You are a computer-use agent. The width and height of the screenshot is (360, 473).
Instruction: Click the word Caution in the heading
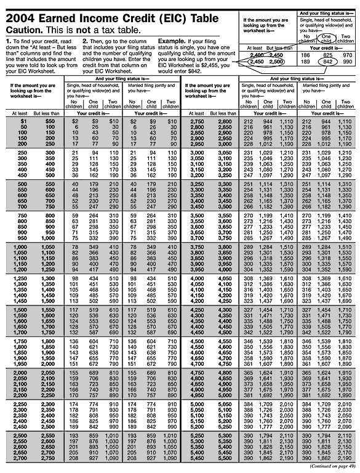tap(24, 30)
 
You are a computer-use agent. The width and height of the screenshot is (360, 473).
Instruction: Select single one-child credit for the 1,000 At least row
tap(94, 246)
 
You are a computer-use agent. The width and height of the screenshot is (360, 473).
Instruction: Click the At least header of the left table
tap(19, 114)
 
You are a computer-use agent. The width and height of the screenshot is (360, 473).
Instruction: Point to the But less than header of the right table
tap(224, 114)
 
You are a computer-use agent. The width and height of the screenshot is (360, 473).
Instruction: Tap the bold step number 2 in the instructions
tap(86, 41)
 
